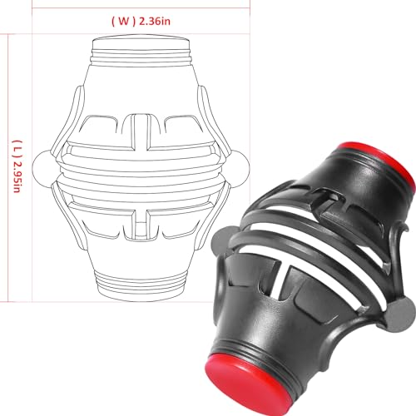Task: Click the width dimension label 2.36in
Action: point(155,22)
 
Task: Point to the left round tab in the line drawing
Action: point(42,169)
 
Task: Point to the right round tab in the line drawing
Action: point(240,169)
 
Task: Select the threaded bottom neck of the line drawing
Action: point(141,285)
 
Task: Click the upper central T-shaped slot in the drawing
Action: point(141,131)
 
